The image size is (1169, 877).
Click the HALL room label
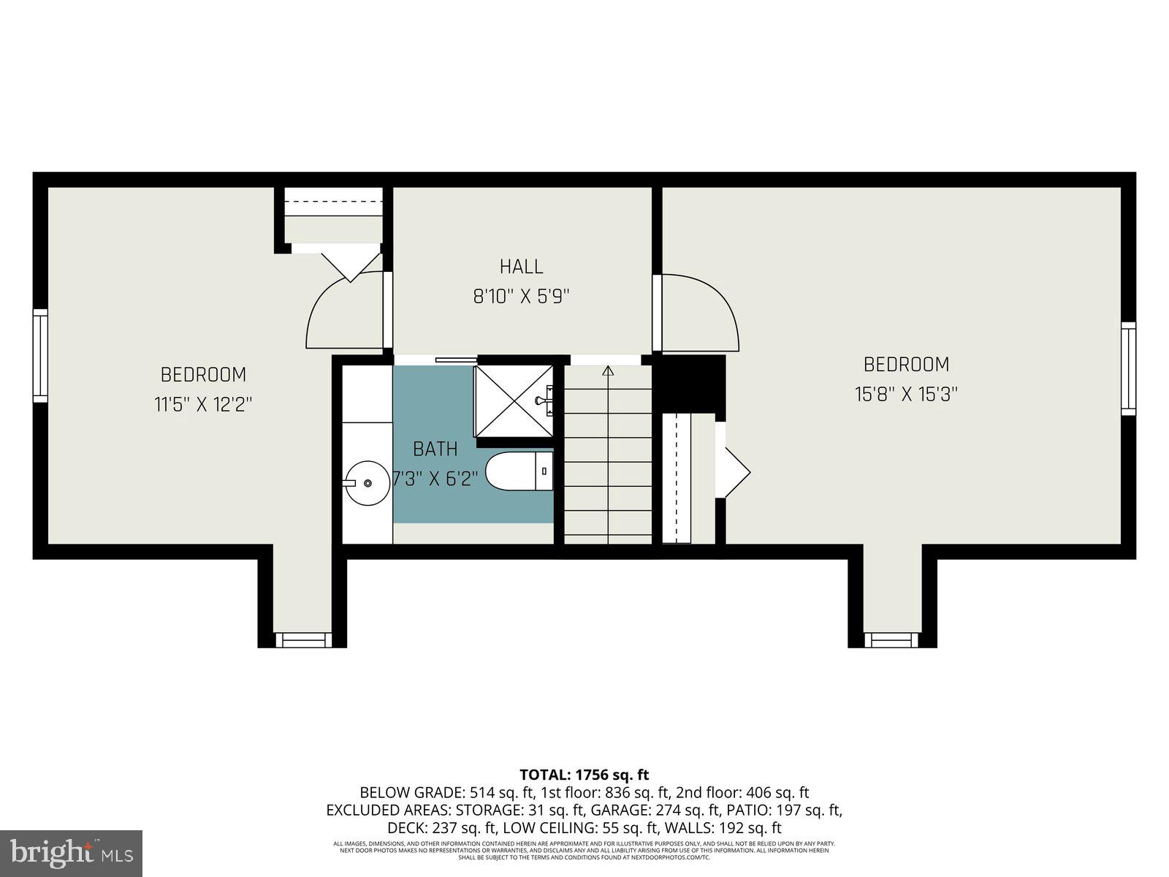521,266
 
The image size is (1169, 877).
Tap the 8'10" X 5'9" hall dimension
521,297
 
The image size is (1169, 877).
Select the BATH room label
435,449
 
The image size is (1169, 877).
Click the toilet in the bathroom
519,471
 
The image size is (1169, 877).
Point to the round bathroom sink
367,482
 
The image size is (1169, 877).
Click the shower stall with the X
514,401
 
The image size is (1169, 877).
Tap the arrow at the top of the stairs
607,371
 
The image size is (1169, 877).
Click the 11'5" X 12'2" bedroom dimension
203,404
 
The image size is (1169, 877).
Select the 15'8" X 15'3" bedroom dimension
906,395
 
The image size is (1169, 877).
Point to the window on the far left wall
40,355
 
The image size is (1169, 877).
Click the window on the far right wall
1129,368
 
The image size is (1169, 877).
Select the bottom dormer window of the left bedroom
302,640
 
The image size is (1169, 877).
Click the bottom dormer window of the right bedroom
892,640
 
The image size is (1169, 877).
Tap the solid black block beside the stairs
688,384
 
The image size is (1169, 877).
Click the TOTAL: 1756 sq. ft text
584,775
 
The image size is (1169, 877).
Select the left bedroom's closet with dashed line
333,214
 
